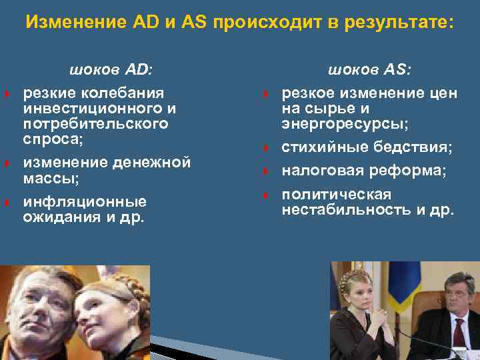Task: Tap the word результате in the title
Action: (398, 23)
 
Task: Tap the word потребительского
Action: (95, 124)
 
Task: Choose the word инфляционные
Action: (85, 201)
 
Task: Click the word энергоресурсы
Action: (345, 125)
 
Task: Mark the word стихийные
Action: (323, 147)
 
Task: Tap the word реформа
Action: (413, 171)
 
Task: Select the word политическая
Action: (336, 195)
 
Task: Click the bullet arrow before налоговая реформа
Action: (265, 171)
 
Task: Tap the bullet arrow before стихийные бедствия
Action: (265, 147)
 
